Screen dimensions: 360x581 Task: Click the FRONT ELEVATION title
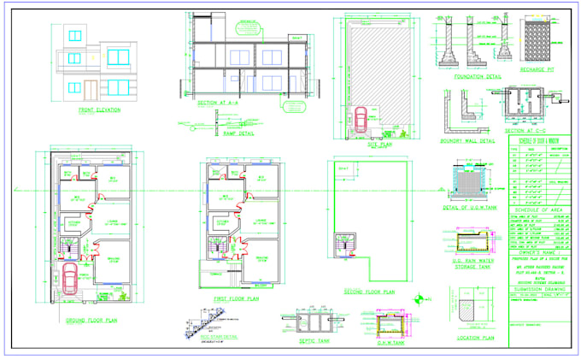(x=99, y=109)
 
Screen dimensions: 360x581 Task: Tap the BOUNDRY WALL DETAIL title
(x=467, y=139)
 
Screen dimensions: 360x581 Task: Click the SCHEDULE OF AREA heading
(x=539, y=209)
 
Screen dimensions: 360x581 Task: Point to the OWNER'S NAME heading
(x=539, y=252)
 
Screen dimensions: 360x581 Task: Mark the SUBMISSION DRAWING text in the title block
(x=539, y=289)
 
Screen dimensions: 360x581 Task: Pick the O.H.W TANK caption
(x=390, y=342)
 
